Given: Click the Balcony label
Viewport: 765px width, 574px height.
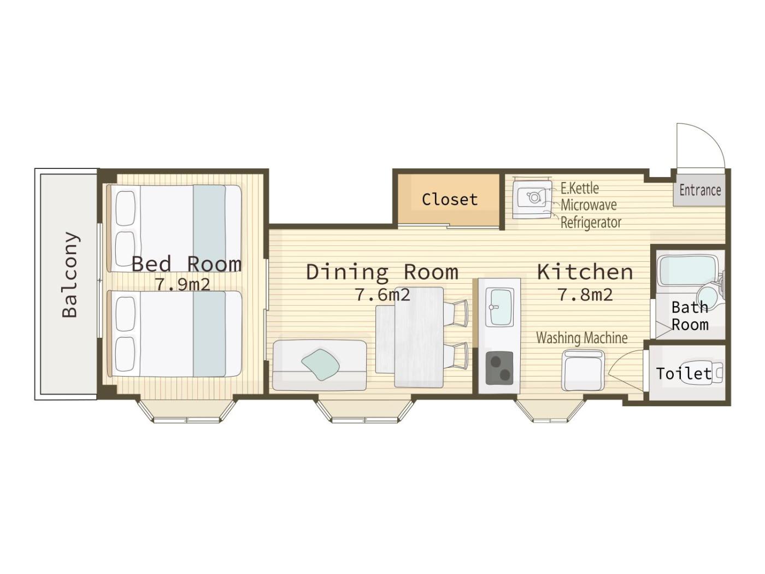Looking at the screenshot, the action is [x=70, y=274].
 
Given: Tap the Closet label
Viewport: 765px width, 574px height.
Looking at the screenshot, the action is [x=449, y=200].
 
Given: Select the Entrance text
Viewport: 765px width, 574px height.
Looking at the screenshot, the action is [x=700, y=190].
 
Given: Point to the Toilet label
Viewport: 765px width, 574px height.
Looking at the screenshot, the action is [x=684, y=373].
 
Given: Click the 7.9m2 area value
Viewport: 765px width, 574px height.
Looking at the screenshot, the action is [x=183, y=284].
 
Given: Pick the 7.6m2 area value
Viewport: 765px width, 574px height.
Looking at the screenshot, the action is [x=382, y=295].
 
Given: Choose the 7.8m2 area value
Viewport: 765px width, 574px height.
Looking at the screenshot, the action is [x=585, y=295].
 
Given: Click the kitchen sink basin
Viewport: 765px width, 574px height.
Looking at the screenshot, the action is [x=500, y=307].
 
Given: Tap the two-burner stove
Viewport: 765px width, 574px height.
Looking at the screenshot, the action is [x=499, y=368].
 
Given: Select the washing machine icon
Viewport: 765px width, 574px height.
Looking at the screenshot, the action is [x=582, y=370].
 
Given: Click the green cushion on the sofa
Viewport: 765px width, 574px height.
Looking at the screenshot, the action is [x=321, y=365].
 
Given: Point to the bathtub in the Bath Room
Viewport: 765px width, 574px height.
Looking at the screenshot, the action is [x=686, y=271].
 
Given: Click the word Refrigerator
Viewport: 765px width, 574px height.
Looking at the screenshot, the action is [x=591, y=222].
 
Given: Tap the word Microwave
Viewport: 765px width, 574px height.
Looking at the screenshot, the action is [x=589, y=205].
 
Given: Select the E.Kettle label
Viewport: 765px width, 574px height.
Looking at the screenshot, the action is [x=580, y=188].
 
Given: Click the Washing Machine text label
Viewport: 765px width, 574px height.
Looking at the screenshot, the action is [x=582, y=338].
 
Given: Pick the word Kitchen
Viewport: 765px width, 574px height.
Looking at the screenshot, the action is [x=585, y=272].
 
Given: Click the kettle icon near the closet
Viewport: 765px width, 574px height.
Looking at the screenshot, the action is [x=533, y=197].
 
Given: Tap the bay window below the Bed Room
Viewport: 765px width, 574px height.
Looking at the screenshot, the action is [x=187, y=410].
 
